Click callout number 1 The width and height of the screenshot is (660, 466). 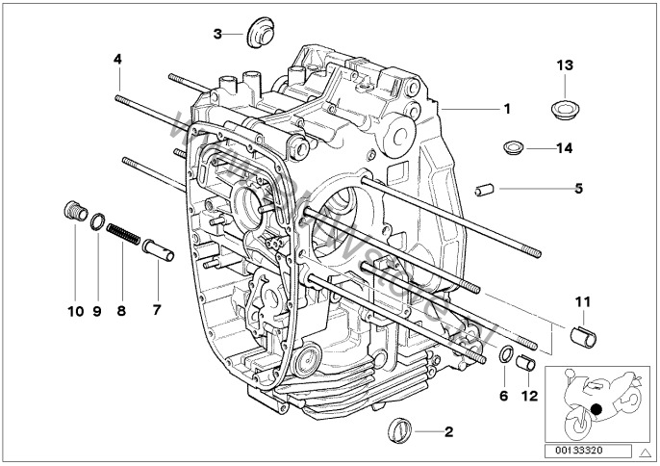pos(506,109)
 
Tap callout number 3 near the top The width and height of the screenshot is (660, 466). pos(218,34)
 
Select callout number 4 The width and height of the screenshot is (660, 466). pos(117,59)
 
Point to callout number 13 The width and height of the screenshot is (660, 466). pos(564,65)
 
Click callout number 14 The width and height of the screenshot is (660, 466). pos(564,147)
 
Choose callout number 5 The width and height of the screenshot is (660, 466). pos(578,188)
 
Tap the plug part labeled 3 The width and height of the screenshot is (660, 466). pos(257,34)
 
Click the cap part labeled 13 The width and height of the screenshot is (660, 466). pos(564,106)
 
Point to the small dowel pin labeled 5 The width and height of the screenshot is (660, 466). pos(485,189)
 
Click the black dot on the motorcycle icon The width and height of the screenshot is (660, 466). pos(597,410)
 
